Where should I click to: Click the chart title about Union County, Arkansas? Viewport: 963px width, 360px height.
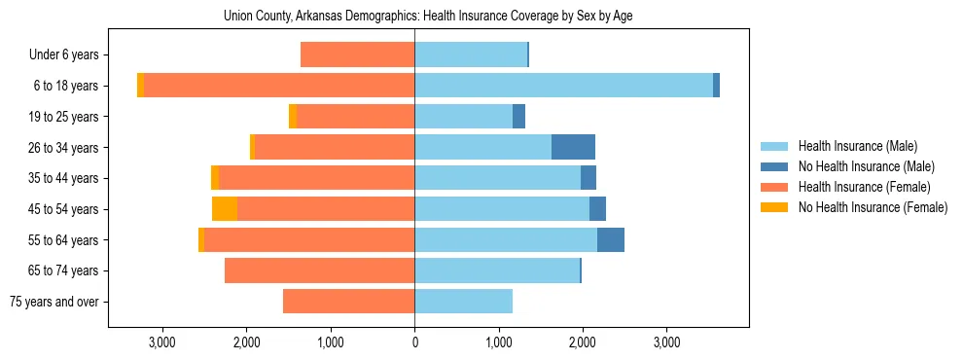(x=428, y=17)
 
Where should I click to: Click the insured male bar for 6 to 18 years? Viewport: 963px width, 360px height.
(x=563, y=86)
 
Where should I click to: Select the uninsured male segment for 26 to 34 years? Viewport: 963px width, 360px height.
(x=573, y=147)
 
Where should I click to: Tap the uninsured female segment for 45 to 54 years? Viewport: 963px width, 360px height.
(x=225, y=209)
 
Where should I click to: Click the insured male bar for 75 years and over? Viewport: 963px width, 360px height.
(x=463, y=302)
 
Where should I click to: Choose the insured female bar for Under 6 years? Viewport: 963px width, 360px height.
(x=358, y=54)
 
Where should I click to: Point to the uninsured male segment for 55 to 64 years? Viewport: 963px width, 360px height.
(x=610, y=240)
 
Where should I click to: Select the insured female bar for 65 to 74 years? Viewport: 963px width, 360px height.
(x=320, y=270)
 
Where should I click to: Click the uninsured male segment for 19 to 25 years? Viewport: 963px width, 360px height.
(x=518, y=117)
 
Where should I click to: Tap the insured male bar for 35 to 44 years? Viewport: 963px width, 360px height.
(x=497, y=178)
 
